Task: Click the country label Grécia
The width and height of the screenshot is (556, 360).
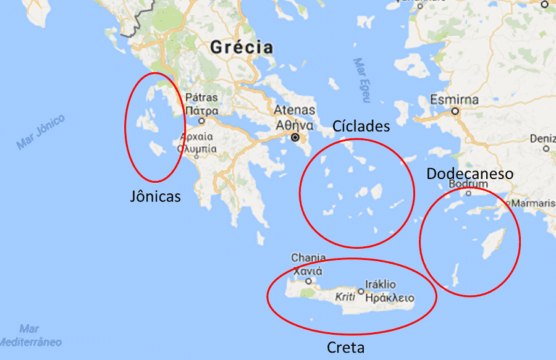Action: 241,47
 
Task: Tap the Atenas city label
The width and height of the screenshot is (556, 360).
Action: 295,111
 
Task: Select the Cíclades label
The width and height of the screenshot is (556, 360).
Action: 361,126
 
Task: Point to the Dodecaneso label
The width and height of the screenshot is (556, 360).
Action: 470,174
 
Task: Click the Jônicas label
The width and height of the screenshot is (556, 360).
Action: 156,196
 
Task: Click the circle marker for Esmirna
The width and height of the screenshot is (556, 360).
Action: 455,112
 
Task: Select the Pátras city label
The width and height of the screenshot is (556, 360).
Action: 201,98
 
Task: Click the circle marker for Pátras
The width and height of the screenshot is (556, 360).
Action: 201,121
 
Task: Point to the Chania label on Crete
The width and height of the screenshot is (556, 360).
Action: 308,257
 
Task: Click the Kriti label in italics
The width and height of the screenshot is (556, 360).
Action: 345,297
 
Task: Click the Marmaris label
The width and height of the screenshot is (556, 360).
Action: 533,203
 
